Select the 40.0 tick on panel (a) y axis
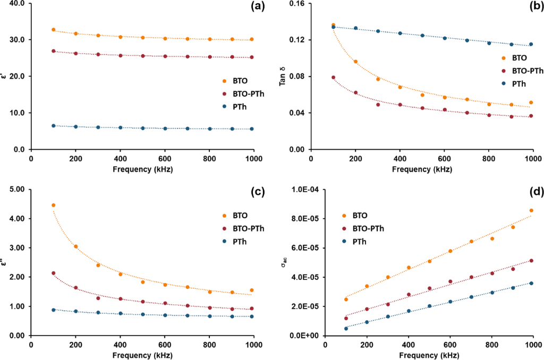point(18,3)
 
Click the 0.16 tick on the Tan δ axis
point(296,3)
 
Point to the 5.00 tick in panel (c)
point(18,190)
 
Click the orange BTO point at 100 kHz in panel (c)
point(53,205)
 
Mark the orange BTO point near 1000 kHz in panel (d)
point(531,210)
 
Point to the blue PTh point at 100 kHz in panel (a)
point(53,126)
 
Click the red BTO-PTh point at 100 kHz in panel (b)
point(334,78)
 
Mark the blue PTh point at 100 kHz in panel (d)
point(346,328)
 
